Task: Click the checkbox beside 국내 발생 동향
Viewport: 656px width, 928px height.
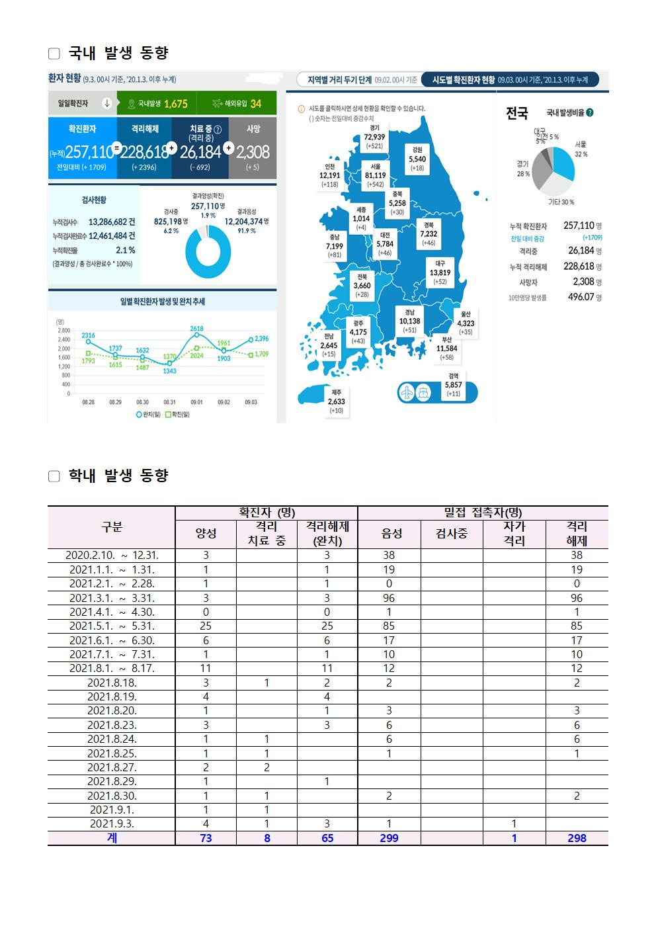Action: [54, 54]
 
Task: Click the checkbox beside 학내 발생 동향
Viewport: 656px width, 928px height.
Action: [54, 476]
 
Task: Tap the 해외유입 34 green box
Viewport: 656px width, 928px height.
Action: [237, 103]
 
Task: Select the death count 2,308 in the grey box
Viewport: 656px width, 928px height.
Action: [253, 152]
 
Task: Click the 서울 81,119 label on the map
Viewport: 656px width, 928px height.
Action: [375, 175]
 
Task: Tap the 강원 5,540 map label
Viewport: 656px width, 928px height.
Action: [417, 159]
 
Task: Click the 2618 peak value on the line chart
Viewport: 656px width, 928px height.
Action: [196, 329]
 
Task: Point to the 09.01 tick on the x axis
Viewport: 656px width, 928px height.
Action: [196, 401]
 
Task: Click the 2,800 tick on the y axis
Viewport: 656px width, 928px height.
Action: [63, 330]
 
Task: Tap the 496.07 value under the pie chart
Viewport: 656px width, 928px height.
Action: [581, 297]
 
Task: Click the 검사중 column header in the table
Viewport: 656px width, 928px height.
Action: [452, 534]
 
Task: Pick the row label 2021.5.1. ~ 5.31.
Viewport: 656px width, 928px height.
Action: [111, 626]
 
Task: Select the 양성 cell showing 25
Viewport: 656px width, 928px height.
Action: [206, 626]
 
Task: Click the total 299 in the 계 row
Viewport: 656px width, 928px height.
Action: [389, 838]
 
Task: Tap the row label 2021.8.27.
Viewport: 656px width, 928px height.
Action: [111, 767]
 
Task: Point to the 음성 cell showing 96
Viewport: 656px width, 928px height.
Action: [389, 598]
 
